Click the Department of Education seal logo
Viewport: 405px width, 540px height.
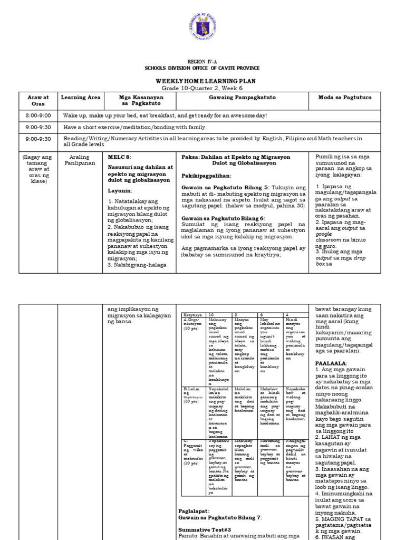click(202, 27)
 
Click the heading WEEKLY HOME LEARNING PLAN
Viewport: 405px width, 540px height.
click(202, 80)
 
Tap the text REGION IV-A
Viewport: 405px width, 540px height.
click(202, 62)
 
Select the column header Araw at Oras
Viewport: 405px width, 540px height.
click(38, 100)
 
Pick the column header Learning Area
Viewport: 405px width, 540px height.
click(81, 98)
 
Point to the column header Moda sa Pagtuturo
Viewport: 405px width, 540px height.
click(348, 98)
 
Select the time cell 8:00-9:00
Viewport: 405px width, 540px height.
click(38, 115)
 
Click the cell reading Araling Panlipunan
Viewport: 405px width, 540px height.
click(81, 160)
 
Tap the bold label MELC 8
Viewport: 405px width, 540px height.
click(120, 157)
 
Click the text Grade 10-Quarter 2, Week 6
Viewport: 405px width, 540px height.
click(202, 88)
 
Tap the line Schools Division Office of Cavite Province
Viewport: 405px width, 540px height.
click(202, 69)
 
